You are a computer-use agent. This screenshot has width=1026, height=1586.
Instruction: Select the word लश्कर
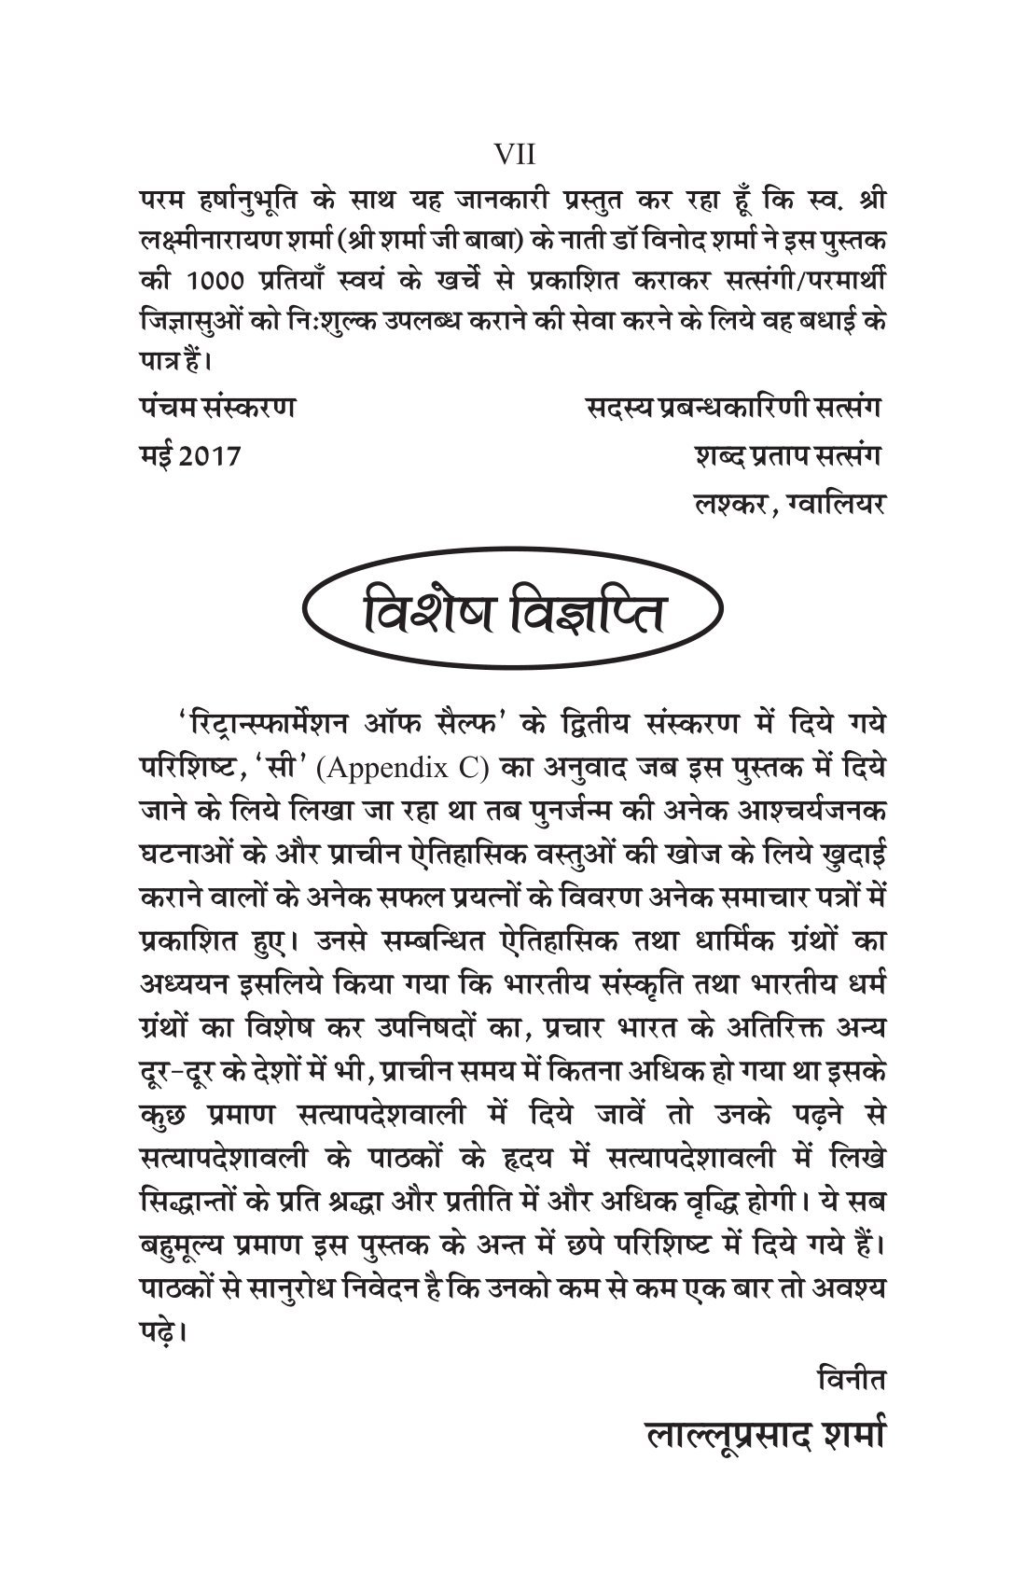(x=723, y=504)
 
